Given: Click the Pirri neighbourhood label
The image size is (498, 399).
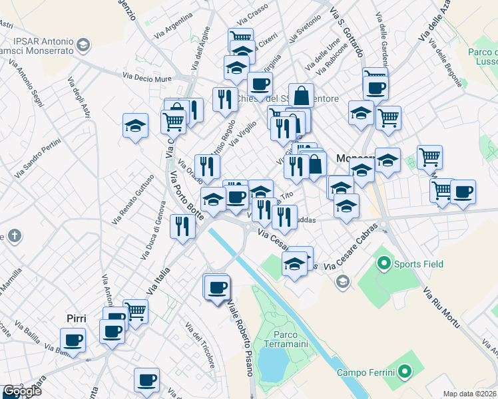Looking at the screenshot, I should tap(77, 319).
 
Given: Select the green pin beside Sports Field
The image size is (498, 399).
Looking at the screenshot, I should tap(383, 264).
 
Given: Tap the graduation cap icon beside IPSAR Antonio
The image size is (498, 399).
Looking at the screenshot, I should tap(84, 45).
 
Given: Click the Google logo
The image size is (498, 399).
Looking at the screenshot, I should tap(22, 391).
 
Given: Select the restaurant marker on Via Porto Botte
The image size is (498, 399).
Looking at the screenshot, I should tap(182, 227).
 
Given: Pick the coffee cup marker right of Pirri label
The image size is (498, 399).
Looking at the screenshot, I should tap(112, 331).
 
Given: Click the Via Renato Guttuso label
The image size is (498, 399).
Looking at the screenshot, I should tap(133, 198).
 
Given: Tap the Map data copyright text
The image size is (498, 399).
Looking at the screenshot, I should tap(469, 394).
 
